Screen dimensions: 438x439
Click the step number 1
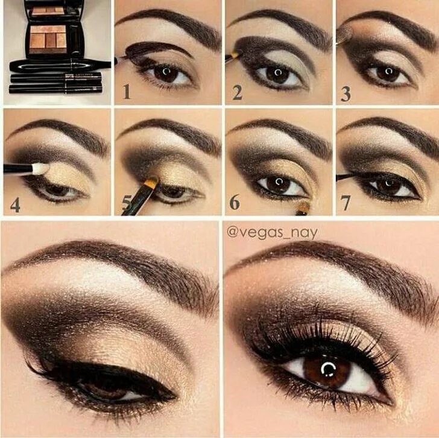pyautogui.click(x=126, y=92)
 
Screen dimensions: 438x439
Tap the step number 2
pyautogui.click(x=237, y=92)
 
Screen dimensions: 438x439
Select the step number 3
pyautogui.click(x=346, y=94)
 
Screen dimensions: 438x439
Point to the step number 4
pyautogui.click(x=15, y=205)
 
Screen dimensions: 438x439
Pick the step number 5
pyautogui.click(x=126, y=204)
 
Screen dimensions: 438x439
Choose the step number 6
pyautogui.click(x=235, y=203)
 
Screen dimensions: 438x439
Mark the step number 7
pyautogui.click(x=346, y=203)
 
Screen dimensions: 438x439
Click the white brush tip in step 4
pyautogui.click(x=40, y=169)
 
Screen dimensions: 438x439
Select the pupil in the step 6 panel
pyautogui.click(x=278, y=183)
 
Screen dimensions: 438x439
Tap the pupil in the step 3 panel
pyautogui.click(x=387, y=73)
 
